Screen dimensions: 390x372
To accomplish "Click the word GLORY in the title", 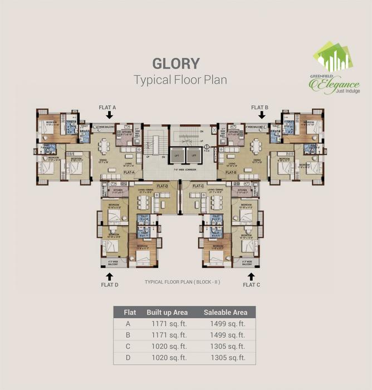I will (175, 63).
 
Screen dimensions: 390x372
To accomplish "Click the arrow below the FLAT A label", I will (110, 115).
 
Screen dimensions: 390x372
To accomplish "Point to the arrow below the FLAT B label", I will (262, 115).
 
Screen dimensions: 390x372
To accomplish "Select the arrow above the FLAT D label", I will (110, 276).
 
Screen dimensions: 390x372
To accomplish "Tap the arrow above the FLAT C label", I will (251, 276).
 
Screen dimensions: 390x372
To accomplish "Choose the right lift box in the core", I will (194, 155).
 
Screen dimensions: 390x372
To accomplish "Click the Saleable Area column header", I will (225, 312).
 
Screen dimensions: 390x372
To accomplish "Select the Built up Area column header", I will (167, 312).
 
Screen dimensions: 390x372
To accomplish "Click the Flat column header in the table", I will (130, 312).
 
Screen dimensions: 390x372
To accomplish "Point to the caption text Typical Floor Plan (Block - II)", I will (183, 282).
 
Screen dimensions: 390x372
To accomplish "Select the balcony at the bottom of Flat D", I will (110, 262).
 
